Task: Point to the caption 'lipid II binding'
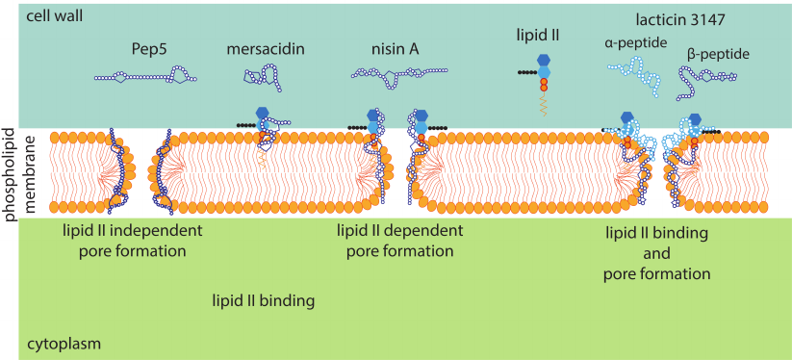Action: tap(263, 301)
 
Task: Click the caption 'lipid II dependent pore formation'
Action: tap(399, 241)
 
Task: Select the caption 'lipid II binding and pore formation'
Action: tap(657, 253)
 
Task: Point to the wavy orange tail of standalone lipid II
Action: tap(544, 107)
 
